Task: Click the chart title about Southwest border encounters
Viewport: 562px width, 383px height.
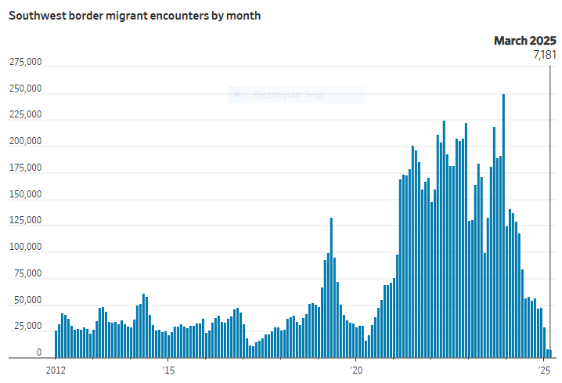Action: tap(135, 16)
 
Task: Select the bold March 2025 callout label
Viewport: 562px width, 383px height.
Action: tap(524, 41)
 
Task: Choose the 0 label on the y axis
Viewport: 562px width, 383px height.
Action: tap(38, 353)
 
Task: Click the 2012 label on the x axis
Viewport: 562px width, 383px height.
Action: tap(56, 368)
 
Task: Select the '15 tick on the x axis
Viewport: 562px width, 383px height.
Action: tap(168, 368)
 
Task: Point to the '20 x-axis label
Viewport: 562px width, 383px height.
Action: tap(356, 368)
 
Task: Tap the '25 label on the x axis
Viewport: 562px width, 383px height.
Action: tap(545, 368)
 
